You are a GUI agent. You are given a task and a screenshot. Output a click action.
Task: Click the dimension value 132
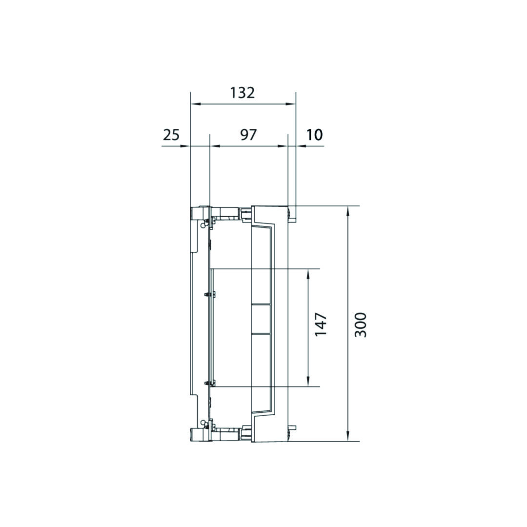coord(243,93)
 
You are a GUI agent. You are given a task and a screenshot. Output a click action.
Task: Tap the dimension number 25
coord(171,135)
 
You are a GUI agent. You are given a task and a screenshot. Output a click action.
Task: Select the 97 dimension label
coord(248,135)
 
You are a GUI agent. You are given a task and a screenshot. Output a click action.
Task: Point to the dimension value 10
coord(315,135)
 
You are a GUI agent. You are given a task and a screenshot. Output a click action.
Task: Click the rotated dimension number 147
coord(321,324)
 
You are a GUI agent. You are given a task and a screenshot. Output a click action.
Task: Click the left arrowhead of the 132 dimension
coord(195,104)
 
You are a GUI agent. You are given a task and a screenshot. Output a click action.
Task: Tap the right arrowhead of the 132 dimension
coord(291,104)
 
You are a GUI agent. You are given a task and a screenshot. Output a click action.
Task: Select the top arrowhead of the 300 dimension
coord(348,211)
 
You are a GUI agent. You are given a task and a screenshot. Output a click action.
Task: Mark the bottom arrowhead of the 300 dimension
coord(348,436)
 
